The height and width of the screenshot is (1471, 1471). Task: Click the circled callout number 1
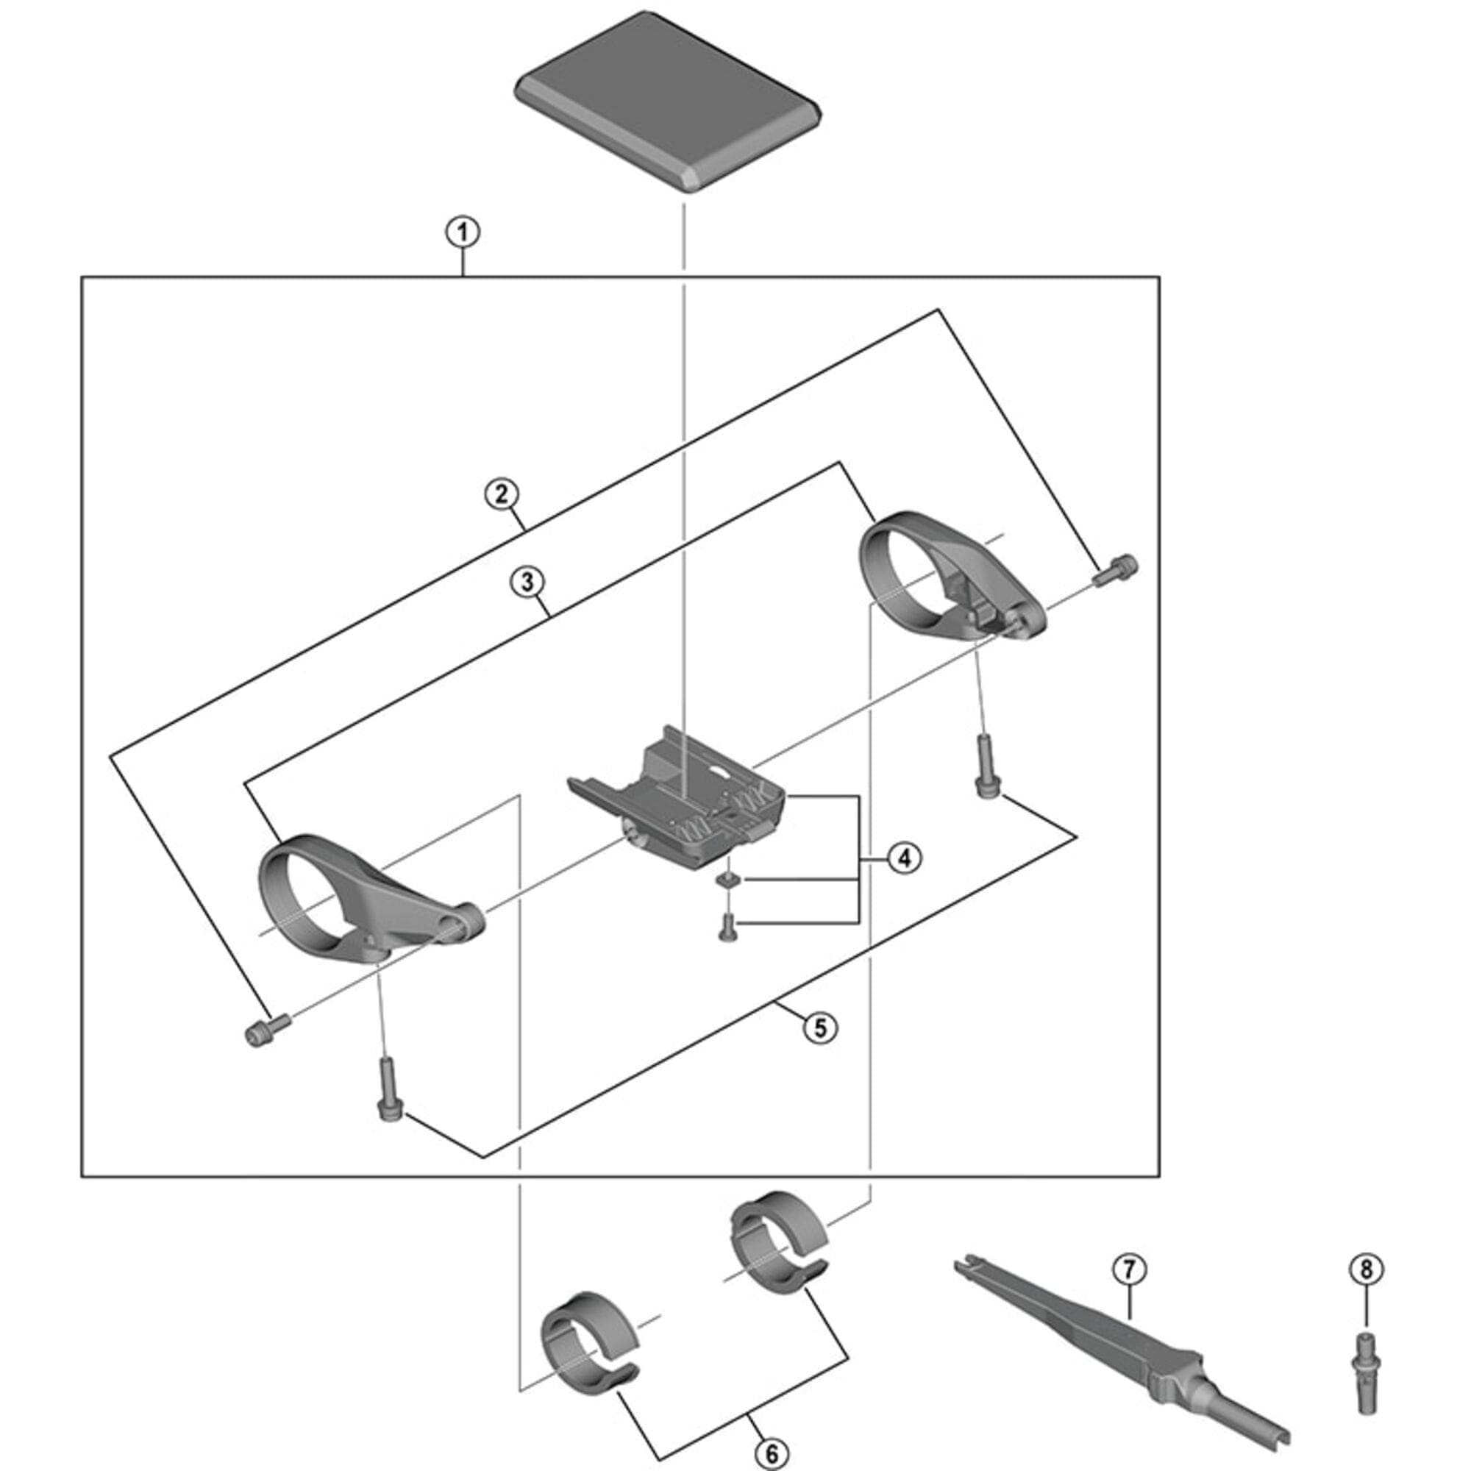[463, 232]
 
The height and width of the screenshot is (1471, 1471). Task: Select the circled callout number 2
[501, 494]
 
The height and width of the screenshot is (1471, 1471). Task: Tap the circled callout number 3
[527, 583]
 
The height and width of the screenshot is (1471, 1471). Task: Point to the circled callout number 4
[904, 859]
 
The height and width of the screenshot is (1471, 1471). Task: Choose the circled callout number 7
[1128, 1269]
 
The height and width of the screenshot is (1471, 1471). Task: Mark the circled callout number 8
[1366, 1269]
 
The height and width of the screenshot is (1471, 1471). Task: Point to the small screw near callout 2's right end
[1117, 570]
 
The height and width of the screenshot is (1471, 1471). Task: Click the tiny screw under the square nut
[727, 926]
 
